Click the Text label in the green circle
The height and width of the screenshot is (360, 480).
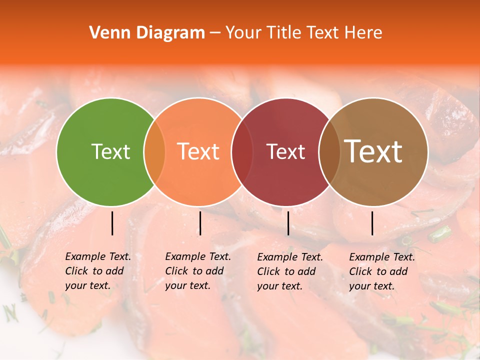[x=110, y=151]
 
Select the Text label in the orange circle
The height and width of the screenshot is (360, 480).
[x=198, y=151]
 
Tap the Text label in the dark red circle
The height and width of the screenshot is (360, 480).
[x=285, y=151]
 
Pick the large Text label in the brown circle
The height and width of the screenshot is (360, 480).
[x=373, y=151]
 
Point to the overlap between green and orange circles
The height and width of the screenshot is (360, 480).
[x=154, y=151]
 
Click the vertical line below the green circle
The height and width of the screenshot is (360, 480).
[x=112, y=223]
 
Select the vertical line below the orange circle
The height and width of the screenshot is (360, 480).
[x=200, y=223]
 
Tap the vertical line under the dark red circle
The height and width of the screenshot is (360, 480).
[x=288, y=223]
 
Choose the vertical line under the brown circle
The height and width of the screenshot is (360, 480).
[x=372, y=223]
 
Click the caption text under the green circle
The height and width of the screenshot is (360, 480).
[x=97, y=271]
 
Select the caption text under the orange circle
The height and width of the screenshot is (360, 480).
[x=197, y=271]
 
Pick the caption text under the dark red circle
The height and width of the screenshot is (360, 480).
[x=289, y=271]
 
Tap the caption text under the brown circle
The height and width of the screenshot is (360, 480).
[x=381, y=271]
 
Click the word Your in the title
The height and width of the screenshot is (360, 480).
[x=244, y=33]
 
